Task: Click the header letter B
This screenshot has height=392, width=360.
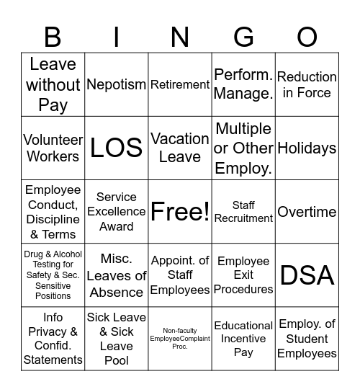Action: click(x=53, y=36)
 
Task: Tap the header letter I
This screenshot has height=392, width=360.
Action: click(x=117, y=36)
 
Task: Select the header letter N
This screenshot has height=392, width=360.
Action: click(x=180, y=36)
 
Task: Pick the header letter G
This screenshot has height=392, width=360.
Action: click(x=243, y=36)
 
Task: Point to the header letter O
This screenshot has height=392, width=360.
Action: click(x=307, y=36)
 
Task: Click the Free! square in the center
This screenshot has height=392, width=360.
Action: click(x=180, y=212)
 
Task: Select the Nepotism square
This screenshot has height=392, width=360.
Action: click(x=117, y=84)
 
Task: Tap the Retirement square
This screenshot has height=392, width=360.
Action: click(x=180, y=84)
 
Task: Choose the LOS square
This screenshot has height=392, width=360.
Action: click(x=117, y=148)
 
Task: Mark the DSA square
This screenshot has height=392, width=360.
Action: click(x=307, y=275)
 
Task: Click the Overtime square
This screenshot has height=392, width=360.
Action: click(x=307, y=212)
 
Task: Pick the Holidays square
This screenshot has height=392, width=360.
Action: click(x=307, y=148)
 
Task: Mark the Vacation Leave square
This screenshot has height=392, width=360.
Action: click(x=180, y=148)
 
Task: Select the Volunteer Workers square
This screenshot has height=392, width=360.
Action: click(x=53, y=148)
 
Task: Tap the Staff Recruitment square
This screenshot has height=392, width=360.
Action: click(x=243, y=212)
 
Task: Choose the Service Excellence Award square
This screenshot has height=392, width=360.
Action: click(x=117, y=212)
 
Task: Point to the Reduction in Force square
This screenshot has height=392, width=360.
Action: click(x=307, y=84)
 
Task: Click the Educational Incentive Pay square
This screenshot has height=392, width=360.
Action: click(x=243, y=339)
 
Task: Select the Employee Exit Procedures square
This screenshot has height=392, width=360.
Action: click(x=243, y=275)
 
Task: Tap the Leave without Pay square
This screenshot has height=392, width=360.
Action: click(x=53, y=84)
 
